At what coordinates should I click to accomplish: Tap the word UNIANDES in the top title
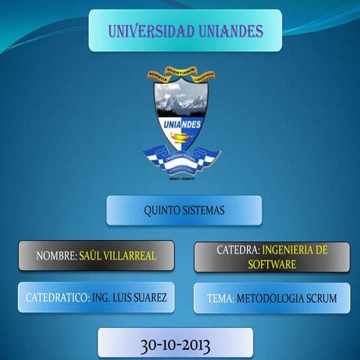pos(230,31)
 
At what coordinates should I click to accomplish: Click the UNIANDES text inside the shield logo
pos(181,123)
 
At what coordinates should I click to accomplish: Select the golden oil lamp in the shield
pos(180,136)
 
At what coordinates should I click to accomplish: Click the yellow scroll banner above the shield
pos(180,73)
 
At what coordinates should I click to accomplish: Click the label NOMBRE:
pos(57,256)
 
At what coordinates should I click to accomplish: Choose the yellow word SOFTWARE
pos(272,265)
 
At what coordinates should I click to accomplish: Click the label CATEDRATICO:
pos(57,298)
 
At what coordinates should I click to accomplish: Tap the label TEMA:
pos(220,298)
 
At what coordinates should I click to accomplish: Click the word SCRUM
pos(320,298)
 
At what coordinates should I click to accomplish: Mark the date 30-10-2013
pos(175,346)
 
